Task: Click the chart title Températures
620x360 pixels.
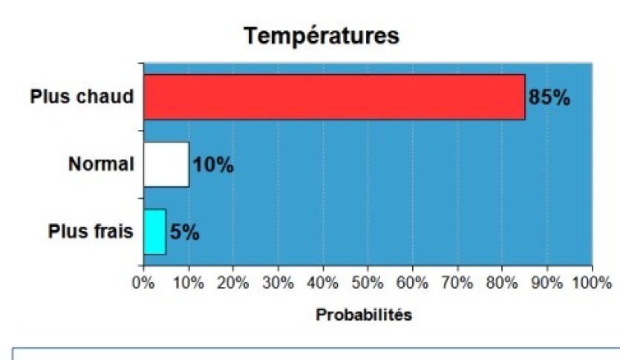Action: (x=322, y=36)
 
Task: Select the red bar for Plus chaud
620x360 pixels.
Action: (x=334, y=96)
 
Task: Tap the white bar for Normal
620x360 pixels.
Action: (x=166, y=164)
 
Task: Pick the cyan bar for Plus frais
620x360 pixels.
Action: (x=154, y=232)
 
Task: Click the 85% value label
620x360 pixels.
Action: (x=549, y=97)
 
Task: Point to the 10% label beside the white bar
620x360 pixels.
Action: (x=213, y=165)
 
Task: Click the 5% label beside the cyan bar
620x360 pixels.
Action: (x=184, y=232)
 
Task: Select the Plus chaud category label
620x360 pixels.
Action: (x=82, y=97)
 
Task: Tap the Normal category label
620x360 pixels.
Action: (x=101, y=164)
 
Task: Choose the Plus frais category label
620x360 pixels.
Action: (x=91, y=232)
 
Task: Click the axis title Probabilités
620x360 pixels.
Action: (x=364, y=315)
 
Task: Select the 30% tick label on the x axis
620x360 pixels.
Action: (x=278, y=283)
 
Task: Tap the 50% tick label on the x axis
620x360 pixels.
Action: (x=368, y=283)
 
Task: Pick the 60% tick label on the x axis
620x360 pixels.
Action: (x=412, y=283)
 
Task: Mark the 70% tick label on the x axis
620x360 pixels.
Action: (x=457, y=283)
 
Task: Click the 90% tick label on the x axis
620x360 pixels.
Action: (x=547, y=283)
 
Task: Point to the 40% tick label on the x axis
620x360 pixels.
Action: (x=322, y=283)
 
